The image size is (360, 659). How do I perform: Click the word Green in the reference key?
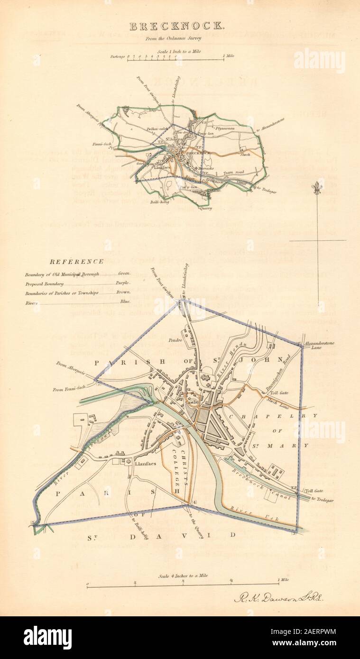[x=123, y=274]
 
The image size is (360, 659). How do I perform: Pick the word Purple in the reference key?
[x=123, y=283]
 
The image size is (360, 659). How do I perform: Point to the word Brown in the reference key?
[x=123, y=293]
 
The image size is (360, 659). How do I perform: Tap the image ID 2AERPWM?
[x=318, y=631]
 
